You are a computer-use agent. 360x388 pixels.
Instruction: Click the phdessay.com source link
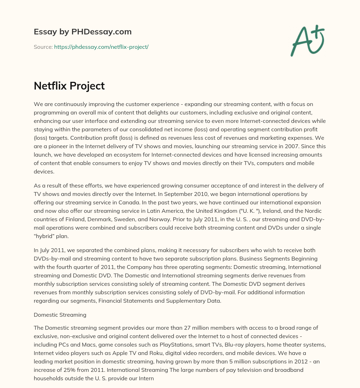[x=101, y=47]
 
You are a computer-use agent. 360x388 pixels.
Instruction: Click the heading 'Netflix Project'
[x=69, y=86]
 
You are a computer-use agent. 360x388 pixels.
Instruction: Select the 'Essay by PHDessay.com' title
[x=83, y=32]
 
